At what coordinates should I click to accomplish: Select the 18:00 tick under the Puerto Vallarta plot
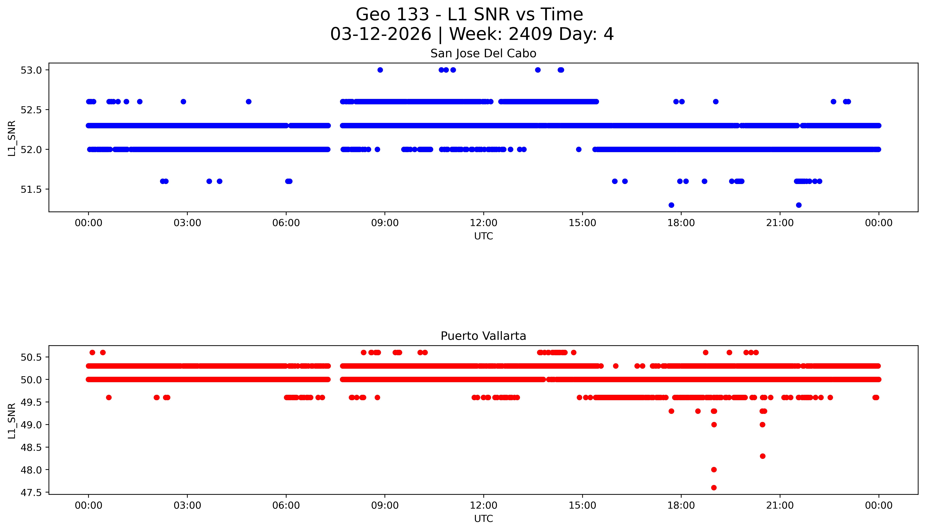681,505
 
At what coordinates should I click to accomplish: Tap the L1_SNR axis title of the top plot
12,139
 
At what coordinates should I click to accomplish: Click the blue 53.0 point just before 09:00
380,70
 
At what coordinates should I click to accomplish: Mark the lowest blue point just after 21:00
799,205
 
